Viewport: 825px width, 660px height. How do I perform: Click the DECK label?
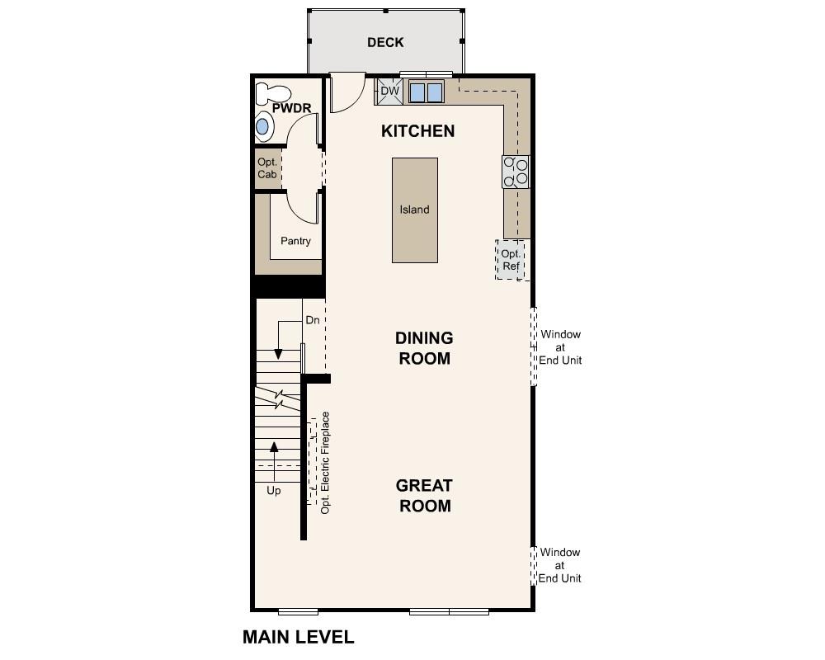(x=385, y=42)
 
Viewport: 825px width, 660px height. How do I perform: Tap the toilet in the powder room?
(x=272, y=92)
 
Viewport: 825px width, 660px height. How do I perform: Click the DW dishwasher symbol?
(x=389, y=92)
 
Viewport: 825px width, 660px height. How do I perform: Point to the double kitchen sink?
(x=427, y=92)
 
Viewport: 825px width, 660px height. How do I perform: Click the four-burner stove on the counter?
(x=516, y=171)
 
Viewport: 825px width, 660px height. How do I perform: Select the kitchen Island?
(x=414, y=210)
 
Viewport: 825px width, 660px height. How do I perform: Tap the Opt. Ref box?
(x=511, y=260)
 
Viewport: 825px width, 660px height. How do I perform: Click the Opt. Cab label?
(x=266, y=168)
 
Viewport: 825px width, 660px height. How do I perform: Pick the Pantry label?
(x=295, y=241)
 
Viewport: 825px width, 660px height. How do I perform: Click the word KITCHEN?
(x=417, y=131)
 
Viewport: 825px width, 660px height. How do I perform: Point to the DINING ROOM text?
(x=423, y=348)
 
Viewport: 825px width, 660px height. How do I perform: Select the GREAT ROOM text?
(x=425, y=496)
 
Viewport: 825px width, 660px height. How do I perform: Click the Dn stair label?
(x=313, y=320)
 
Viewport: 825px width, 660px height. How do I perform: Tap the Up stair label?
(x=273, y=491)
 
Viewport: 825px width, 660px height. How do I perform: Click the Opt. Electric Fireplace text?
(x=326, y=463)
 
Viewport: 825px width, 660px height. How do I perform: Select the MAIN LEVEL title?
(x=298, y=637)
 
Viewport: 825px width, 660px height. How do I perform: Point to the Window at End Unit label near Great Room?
(x=560, y=565)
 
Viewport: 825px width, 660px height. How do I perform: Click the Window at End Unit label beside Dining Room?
(x=560, y=347)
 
